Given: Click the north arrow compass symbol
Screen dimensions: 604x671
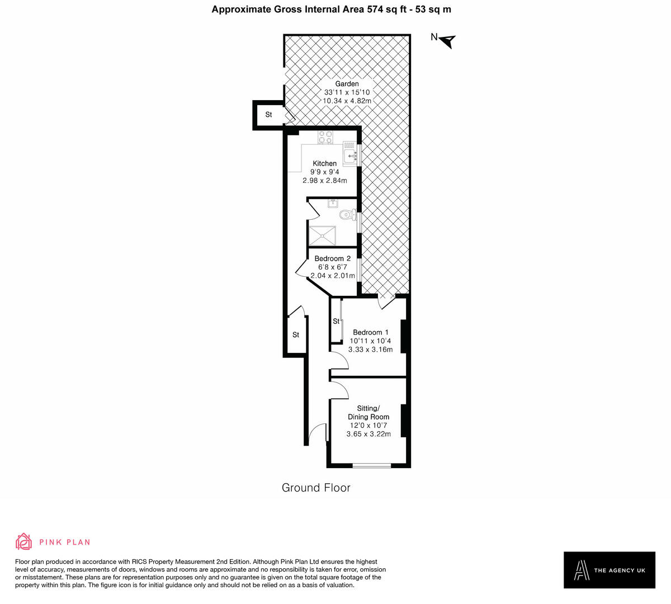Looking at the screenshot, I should pos(448,41).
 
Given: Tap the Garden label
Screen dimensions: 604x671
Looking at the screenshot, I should pos(347,84).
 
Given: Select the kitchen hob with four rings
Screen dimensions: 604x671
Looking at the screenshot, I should pos(325,138).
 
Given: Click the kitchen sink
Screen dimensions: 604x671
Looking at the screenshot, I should pos(349,153).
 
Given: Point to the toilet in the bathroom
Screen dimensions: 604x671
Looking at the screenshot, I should pos(348,215).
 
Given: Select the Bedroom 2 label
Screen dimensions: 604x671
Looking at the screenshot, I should pos(332,258).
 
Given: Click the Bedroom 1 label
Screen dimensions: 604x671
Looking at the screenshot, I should pos(370,332).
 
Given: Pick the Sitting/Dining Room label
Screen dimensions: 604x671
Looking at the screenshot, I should pos(368,412).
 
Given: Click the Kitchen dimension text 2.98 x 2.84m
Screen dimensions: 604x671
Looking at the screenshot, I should pos(324,181).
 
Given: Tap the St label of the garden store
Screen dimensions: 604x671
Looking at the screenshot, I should pos(268,115).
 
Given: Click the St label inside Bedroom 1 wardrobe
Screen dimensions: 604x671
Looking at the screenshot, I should pos(336,322).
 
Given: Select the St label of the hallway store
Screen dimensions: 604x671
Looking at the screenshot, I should pos(296,335).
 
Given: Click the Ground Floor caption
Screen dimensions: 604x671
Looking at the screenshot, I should pos(316,488).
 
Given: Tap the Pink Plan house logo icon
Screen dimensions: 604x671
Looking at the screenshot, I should pos(23,541).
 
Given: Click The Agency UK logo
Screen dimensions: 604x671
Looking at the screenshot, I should pos(609,570).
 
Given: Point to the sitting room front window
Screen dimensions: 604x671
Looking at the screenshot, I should pos(372,465).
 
